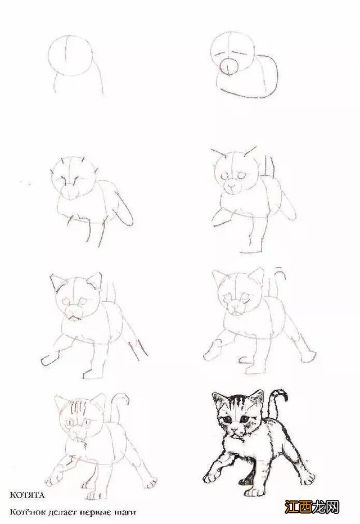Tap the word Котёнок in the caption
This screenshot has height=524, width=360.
pyautogui.click(x=26, y=512)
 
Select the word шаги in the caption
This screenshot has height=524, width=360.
pyautogui.click(x=125, y=512)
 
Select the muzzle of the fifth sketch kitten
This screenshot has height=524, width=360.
pyautogui.click(x=74, y=311)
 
